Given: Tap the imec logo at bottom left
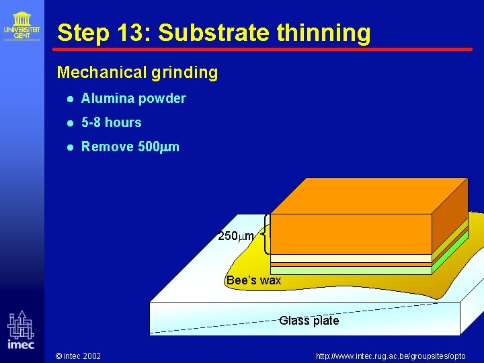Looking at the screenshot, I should (21, 330).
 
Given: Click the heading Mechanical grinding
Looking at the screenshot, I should (137, 73).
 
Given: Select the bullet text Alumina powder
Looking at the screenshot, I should (133, 98).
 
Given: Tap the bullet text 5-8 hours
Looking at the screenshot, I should (111, 122).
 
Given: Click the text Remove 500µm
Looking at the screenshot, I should (130, 147).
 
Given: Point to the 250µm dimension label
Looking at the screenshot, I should (236, 236).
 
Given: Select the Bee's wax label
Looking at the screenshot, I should (253, 280).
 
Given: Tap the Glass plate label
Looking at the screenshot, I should (309, 321).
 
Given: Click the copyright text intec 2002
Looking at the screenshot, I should (78, 355).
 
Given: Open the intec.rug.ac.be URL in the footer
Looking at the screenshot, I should (391, 355).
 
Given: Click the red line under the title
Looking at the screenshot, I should (263, 49).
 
